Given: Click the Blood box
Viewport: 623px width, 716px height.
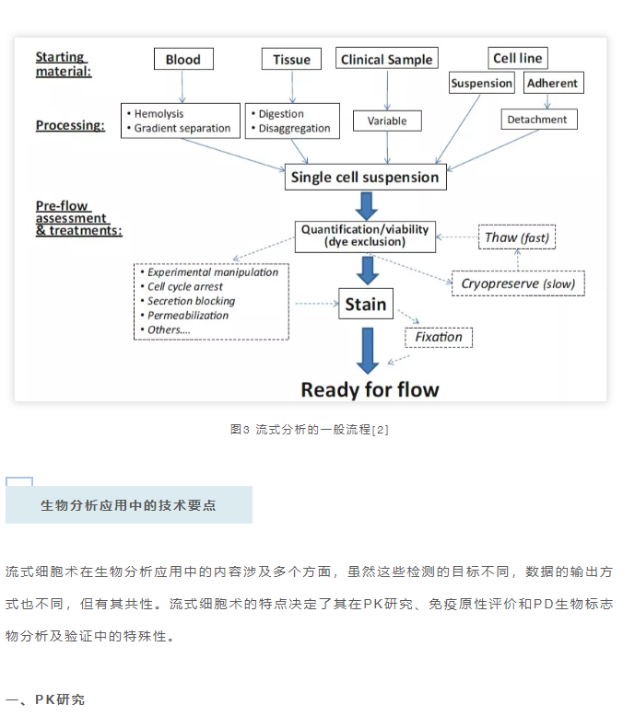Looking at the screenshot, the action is point(183,60).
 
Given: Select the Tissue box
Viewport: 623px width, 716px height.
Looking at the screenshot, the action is point(291,60).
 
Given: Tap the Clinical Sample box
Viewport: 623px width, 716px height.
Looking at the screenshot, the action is point(387,59).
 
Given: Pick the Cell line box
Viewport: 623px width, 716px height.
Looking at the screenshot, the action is point(518,58).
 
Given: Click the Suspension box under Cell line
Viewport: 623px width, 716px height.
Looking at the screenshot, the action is point(482,83).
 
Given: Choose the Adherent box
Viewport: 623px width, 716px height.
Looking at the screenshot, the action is point(554,83).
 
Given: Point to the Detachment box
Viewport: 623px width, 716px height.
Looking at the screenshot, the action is point(539,120).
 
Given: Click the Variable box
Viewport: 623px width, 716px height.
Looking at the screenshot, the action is point(387,121).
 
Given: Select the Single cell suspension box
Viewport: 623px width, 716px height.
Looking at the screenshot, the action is point(366,178).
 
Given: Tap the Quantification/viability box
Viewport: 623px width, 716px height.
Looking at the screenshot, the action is point(365,237).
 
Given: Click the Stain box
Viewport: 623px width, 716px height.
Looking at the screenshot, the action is point(366,304).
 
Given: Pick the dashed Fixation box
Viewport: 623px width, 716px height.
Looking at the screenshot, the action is point(439,338).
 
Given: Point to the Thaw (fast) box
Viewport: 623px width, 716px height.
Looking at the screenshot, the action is point(517,237).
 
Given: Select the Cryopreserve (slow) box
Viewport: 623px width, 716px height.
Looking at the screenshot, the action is point(518,283).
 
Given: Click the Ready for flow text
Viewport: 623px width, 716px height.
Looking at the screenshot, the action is point(370,390).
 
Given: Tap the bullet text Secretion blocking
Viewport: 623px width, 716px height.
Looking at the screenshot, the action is point(191,301).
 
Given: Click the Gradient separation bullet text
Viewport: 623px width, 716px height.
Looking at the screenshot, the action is point(182,128).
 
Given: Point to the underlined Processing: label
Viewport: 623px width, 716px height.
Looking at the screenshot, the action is point(70,125).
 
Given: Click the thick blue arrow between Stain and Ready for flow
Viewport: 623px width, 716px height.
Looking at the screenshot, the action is point(368,351).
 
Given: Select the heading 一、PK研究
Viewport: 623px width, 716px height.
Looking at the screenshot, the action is point(45,699).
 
